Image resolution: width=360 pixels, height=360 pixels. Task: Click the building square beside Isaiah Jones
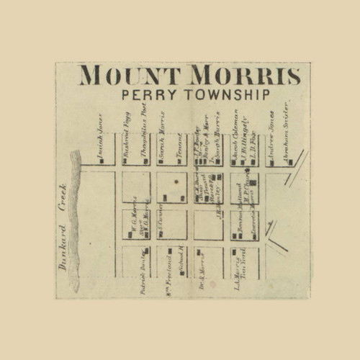tap(103, 161)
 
